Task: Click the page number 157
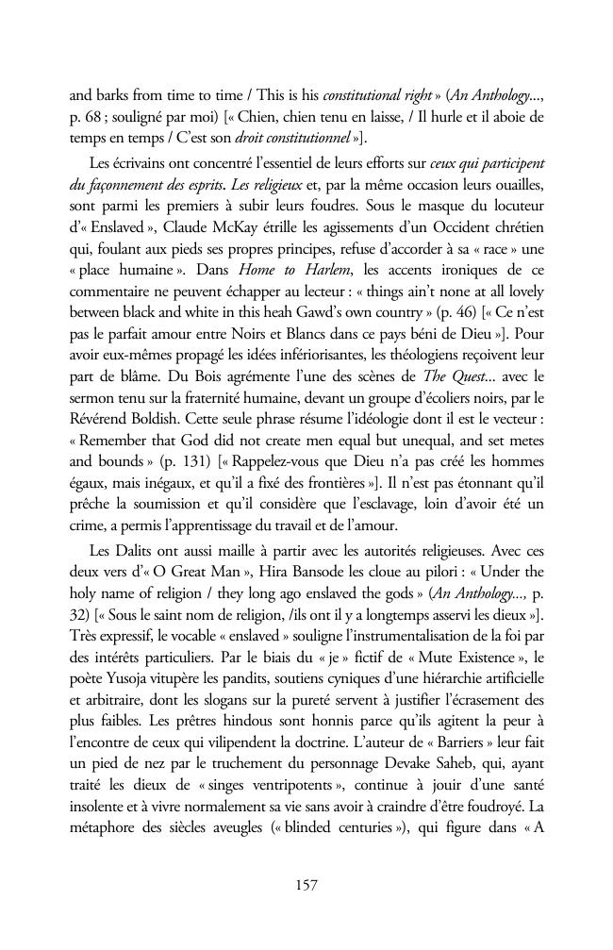(306, 884)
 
